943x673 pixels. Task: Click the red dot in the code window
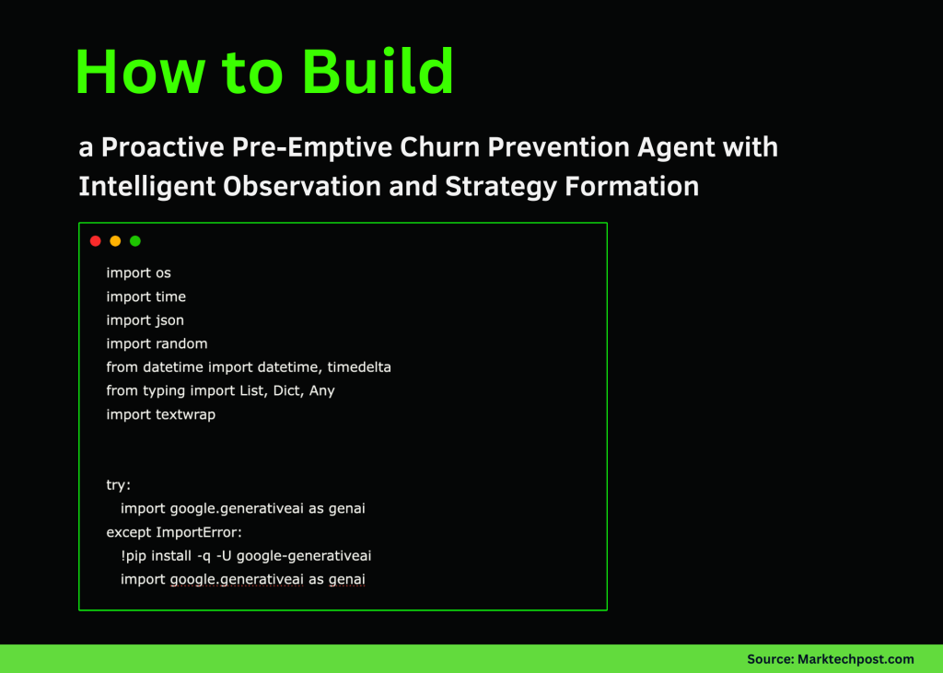[95, 241]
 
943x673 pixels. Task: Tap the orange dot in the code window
[115, 241]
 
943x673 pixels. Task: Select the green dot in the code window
[135, 241]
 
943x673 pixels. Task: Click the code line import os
[138, 273]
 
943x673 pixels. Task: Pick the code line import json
[145, 320]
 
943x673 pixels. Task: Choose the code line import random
[157, 344]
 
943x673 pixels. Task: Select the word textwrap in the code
[185, 415]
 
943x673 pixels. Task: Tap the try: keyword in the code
[119, 485]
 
